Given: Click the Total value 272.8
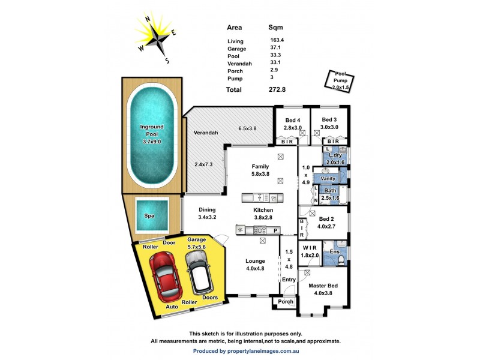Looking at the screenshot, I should (x=277, y=90).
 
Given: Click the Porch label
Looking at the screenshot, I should (x=286, y=302).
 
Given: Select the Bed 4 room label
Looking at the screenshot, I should (x=292, y=119).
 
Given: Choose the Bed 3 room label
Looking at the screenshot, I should (x=329, y=119).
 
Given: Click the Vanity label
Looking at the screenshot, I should (x=328, y=178).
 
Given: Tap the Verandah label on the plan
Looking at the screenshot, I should (x=205, y=133).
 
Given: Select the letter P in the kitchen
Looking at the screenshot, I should (x=275, y=230).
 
